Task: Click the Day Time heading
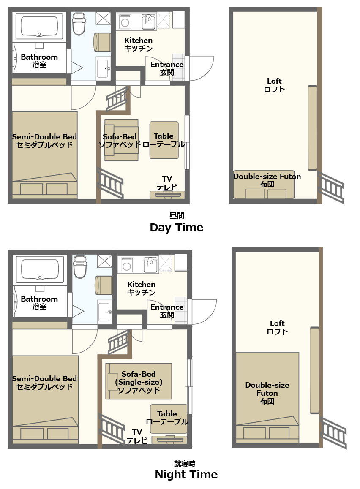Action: pos(176,227)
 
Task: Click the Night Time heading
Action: pos(186,474)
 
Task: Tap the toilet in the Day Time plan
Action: pos(79,24)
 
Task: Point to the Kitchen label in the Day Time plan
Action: pos(139,44)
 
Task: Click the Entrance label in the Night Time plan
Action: pos(167,311)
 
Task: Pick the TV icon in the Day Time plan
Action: pos(167,195)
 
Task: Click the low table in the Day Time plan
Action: pos(164,140)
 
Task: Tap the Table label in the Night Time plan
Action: pos(167,418)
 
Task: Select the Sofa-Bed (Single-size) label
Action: pos(139,382)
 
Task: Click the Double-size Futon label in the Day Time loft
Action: pos(267,180)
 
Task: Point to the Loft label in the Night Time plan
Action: pos(277,327)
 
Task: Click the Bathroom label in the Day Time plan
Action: pos(39,61)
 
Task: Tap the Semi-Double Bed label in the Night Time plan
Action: pos(44,383)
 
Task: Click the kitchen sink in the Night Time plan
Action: pos(150,265)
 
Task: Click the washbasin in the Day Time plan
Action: pos(103,68)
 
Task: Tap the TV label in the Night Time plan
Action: pos(136,436)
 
